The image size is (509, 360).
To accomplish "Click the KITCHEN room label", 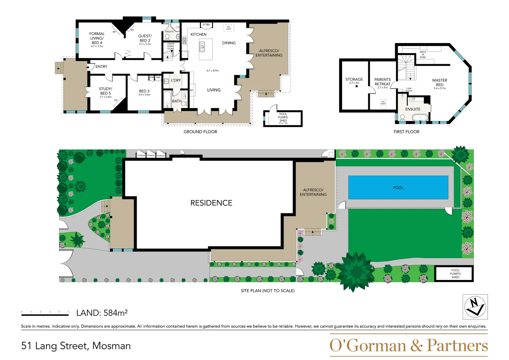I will tap(198, 34).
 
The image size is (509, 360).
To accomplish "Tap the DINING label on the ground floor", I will tap(229, 43).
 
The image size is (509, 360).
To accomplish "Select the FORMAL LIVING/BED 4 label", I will tap(97, 38).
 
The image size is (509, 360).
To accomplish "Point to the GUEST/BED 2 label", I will tap(145, 38).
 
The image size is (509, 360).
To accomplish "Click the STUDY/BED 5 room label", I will tap(105, 91).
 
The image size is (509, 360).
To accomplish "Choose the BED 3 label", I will tap(144, 91).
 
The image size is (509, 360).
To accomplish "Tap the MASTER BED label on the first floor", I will tap(439, 83).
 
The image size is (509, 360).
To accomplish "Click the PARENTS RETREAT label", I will tap(382, 82).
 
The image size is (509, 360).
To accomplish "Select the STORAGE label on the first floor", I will tap(354, 79).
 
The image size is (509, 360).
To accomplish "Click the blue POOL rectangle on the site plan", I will tap(398, 188).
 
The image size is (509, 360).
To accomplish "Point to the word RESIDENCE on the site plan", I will tap(211, 203).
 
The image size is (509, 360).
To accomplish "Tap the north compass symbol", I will tap(475, 307).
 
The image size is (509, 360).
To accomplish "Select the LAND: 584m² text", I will tap(102, 313).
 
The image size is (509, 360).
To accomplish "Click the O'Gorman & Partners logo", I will tap(408, 345).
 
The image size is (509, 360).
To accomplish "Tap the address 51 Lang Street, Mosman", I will tap(76, 346).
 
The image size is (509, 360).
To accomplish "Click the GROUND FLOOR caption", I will tap(200, 132).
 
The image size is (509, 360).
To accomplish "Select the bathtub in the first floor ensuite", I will tap(420, 117).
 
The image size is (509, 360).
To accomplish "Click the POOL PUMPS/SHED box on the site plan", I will tap(455, 274).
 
